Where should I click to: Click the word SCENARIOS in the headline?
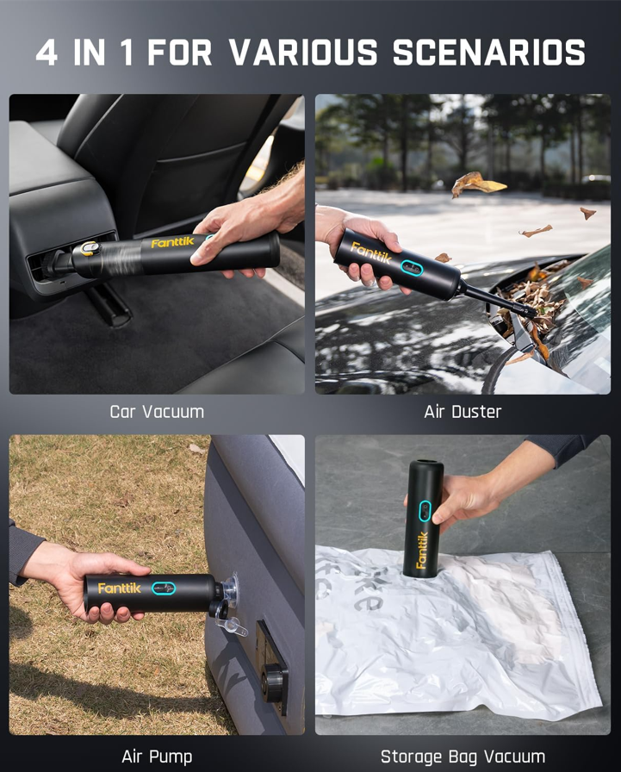click(489, 53)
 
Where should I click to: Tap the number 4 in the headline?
click(47, 53)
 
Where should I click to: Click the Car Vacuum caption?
click(157, 412)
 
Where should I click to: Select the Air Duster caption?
click(463, 412)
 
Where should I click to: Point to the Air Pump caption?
click(157, 756)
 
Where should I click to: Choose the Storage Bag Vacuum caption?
click(463, 756)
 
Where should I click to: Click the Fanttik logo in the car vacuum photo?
click(172, 243)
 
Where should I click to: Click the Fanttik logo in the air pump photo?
click(119, 588)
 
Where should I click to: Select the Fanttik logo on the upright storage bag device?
click(422, 550)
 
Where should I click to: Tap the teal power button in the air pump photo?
click(164, 588)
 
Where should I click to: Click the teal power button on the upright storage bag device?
click(425, 511)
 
